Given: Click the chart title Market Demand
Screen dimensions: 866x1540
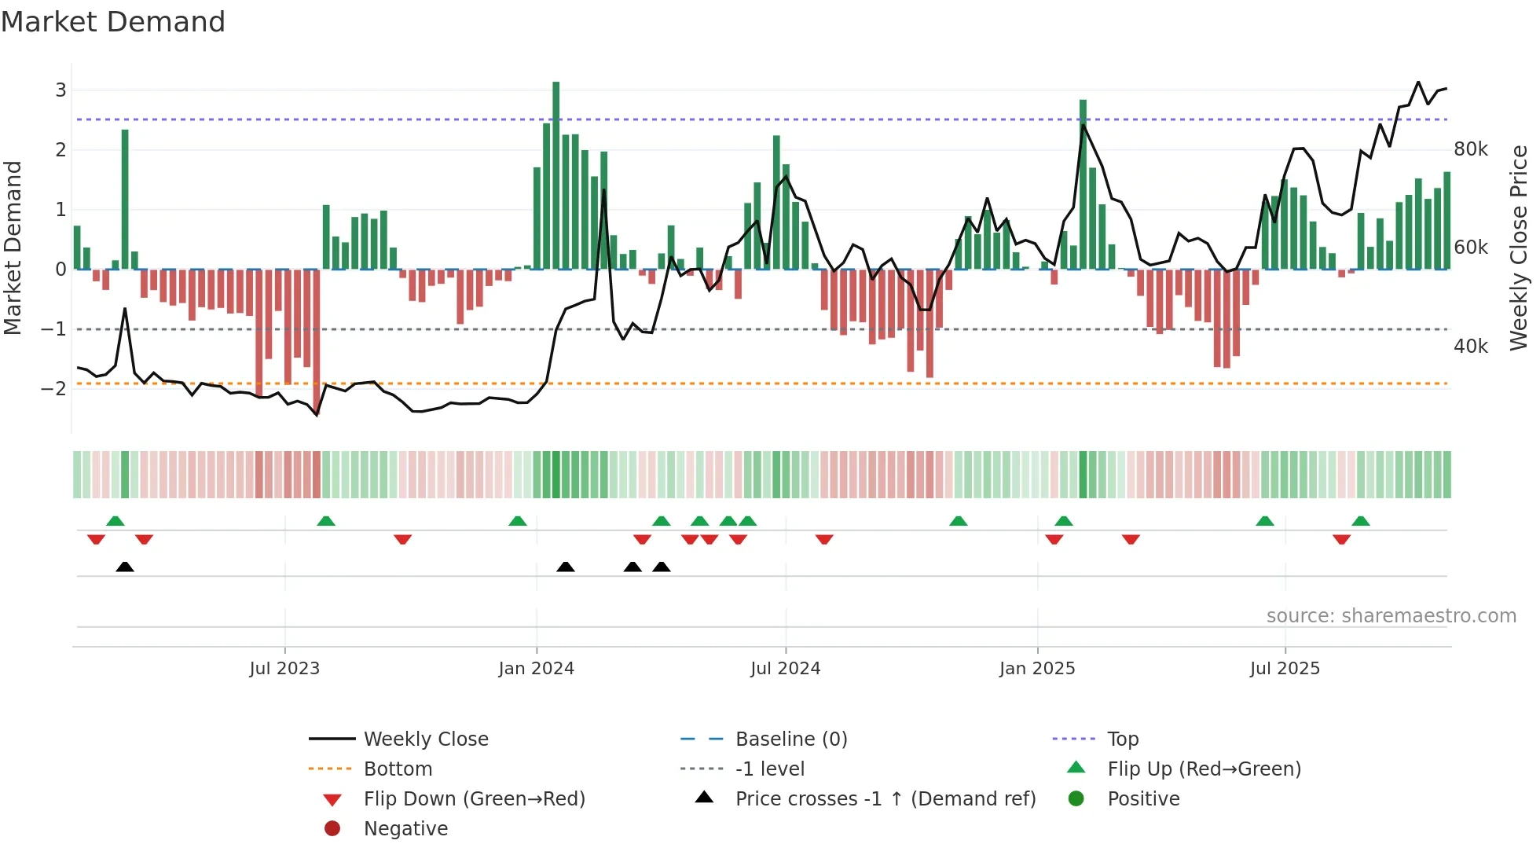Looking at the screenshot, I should [x=113, y=22].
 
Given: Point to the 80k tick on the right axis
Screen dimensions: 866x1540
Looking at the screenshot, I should [x=1470, y=149].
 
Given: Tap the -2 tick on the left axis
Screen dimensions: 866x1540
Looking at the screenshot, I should [x=53, y=389].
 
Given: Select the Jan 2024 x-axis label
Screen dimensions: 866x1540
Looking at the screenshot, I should [x=536, y=669].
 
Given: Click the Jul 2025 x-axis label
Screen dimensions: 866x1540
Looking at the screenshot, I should [x=1285, y=669].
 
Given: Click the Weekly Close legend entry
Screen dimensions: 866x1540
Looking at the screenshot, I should [x=425, y=739].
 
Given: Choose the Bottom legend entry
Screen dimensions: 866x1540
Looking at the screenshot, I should [x=398, y=769].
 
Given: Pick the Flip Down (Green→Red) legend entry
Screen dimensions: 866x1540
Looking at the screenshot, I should [x=474, y=799].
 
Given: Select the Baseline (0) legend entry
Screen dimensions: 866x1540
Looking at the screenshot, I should [x=790, y=739].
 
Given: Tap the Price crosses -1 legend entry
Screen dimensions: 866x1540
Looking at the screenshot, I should [x=885, y=799].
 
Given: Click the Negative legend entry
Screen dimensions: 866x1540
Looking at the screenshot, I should [x=405, y=829].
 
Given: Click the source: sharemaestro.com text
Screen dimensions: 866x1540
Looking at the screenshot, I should [x=1391, y=616].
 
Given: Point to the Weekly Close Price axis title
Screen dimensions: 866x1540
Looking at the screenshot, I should [x=1519, y=248].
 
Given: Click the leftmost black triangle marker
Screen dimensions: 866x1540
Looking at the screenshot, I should [x=125, y=567].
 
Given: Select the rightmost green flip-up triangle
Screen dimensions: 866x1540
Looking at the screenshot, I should [x=1361, y=521].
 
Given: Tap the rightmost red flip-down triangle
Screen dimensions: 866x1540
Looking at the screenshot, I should [x=1341, y=539].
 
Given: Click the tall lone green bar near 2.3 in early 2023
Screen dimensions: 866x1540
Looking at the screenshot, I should [x=125, y=200].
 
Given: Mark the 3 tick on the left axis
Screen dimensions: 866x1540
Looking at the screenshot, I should [x=60, y=90].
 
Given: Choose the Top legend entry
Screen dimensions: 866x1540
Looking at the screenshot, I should [x=1122, y=739].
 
